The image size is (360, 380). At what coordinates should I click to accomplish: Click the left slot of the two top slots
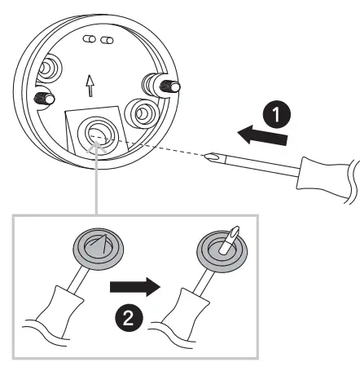[91, 38]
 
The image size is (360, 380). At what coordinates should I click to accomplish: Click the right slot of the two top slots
[106, 38]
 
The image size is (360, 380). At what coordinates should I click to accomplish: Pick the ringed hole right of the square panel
[147, 112]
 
